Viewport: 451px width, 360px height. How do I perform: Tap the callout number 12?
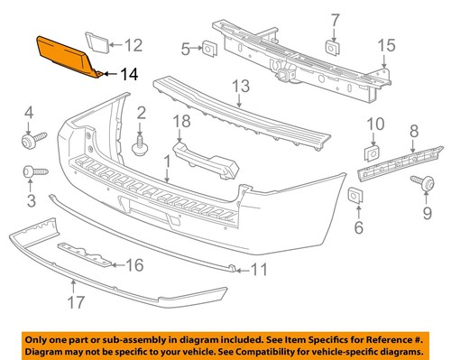coord(133,44)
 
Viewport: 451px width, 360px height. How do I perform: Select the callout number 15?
coord(386,45)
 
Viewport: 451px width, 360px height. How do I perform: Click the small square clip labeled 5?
coord(207,47)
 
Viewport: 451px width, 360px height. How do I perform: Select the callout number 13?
coord(240,87)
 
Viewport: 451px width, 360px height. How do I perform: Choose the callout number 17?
coord(73,307)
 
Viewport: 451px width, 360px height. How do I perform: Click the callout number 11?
coord(259,268)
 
